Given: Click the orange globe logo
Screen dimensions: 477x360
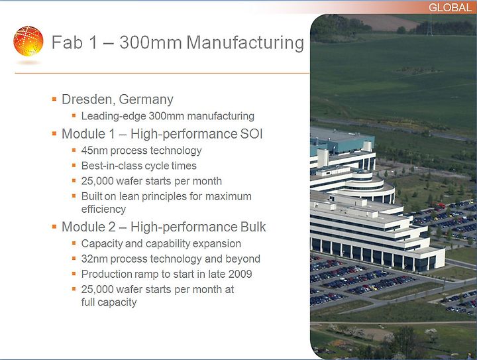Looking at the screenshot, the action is [28, 41].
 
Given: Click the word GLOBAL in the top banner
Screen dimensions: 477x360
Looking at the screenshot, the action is [450, 7].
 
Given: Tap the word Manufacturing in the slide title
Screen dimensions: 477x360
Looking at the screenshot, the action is [245, 42].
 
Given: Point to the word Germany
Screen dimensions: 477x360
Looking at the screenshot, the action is [146, 100].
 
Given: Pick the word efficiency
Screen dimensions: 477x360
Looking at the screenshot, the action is [103, 210].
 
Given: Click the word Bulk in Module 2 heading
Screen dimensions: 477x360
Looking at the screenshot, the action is [253, 227].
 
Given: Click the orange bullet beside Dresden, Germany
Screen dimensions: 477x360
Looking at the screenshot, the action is [54, 99].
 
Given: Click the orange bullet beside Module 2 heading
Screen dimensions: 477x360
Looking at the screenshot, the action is [54, 226].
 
